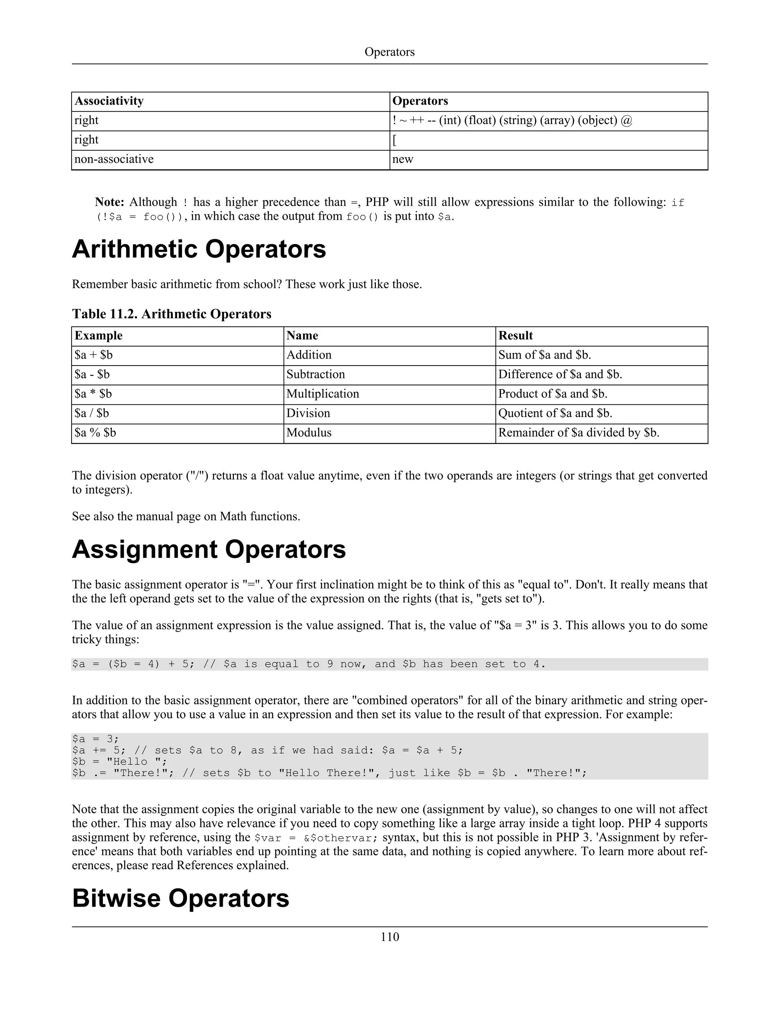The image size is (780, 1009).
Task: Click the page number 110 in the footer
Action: coord(390,937)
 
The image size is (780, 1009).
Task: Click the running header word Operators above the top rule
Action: coord(390,52)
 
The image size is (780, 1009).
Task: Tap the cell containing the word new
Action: coord(403,160)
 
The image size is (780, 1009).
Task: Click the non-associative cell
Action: coord(114,160)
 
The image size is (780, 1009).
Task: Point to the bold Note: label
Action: coord(110,202)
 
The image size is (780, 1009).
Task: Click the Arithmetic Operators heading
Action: coord(199,249)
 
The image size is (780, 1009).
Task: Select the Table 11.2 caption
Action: coord(171,314)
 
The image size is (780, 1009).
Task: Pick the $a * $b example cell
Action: coord(93,394)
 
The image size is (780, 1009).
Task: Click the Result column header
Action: coord(515,336)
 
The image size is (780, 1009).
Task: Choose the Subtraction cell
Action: coord(316,375)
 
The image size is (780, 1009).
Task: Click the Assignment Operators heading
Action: coord(209,550)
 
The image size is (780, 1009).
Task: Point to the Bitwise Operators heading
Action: coord(181,899)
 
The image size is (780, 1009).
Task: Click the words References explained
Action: coord(232,865)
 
